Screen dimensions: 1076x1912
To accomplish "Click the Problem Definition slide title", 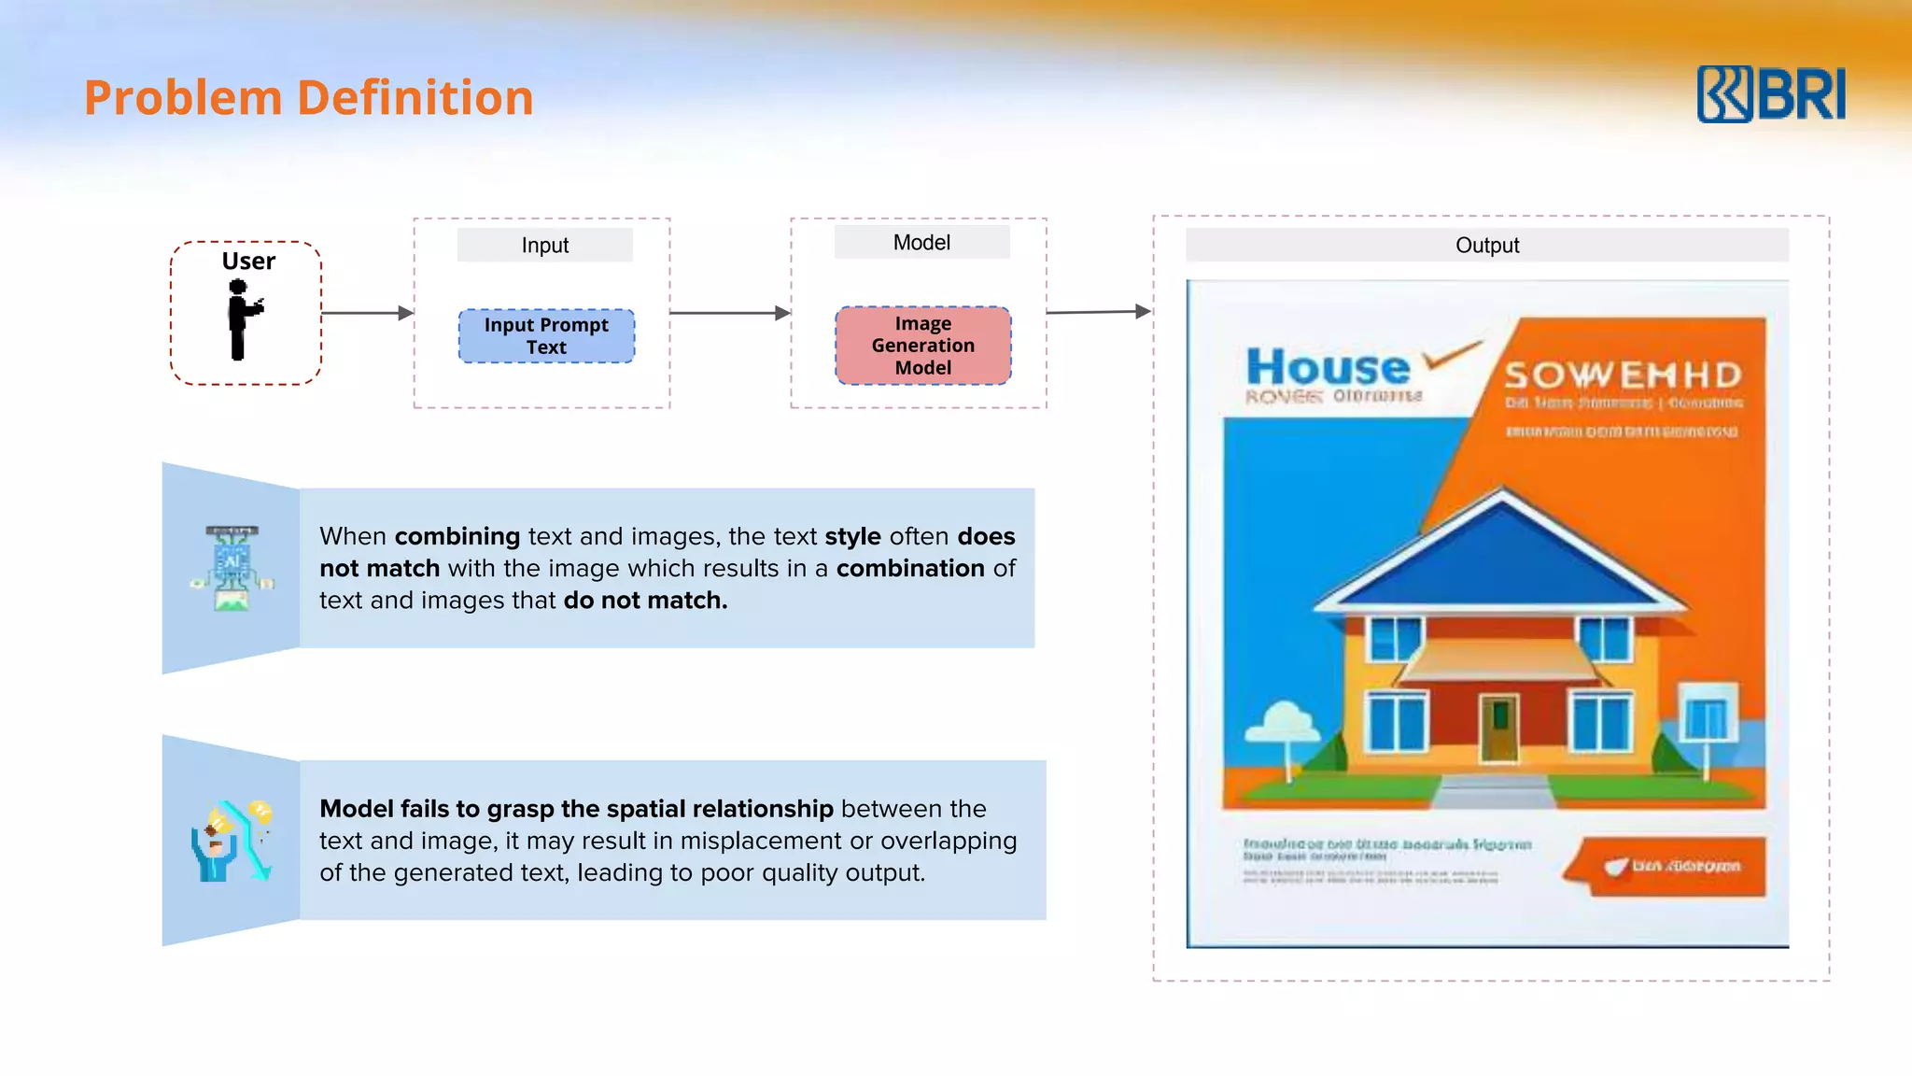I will pos(308,98).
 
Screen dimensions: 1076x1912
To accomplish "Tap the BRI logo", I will pos(1771,94).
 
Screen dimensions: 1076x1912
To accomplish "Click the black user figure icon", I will pos(242,319).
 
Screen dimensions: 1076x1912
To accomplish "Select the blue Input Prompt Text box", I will pos(546,336).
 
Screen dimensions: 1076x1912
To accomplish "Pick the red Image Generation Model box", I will pos(922,346).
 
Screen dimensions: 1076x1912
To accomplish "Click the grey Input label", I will pos(544,246).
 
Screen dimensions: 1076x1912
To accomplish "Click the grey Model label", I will pos(921,243).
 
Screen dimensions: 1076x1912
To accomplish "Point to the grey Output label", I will pos(1486,246).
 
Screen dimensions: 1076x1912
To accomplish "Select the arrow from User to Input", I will pos(367,313).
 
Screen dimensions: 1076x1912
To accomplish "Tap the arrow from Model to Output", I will pos(1098,312).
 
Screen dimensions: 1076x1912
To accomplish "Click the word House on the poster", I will pos(1328,367).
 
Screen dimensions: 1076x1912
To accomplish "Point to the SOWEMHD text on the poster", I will pos(1623,375).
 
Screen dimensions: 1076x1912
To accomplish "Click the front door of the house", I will pos(1499,728).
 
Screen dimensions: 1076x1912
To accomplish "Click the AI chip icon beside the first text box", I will pos(232,568).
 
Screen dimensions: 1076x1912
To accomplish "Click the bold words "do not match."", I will pos(645,601).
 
